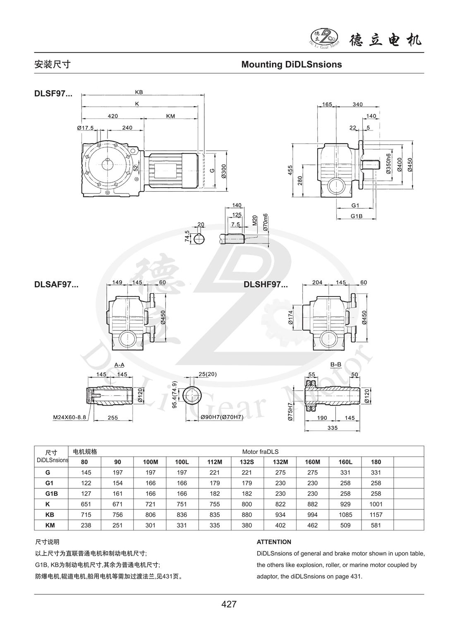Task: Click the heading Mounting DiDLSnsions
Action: [291, 65]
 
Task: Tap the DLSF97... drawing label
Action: [53, 94]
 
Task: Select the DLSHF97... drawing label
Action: [266, 285]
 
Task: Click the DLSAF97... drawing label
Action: [56, 285]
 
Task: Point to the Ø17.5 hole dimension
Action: [85, 128]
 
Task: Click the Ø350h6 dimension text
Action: [388, 164]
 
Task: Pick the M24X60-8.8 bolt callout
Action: [69, 417]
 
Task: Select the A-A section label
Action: [120, 364]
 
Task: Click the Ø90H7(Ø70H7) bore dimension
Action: [222, 417]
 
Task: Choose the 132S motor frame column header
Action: [247, 462]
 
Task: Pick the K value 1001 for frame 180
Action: [376, 504]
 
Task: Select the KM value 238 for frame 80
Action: [84, 525]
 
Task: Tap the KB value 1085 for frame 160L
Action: [345, 515]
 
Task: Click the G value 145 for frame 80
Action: [84, 472]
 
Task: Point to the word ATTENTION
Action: [274, 542]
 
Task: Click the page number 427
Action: [229, 604]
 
